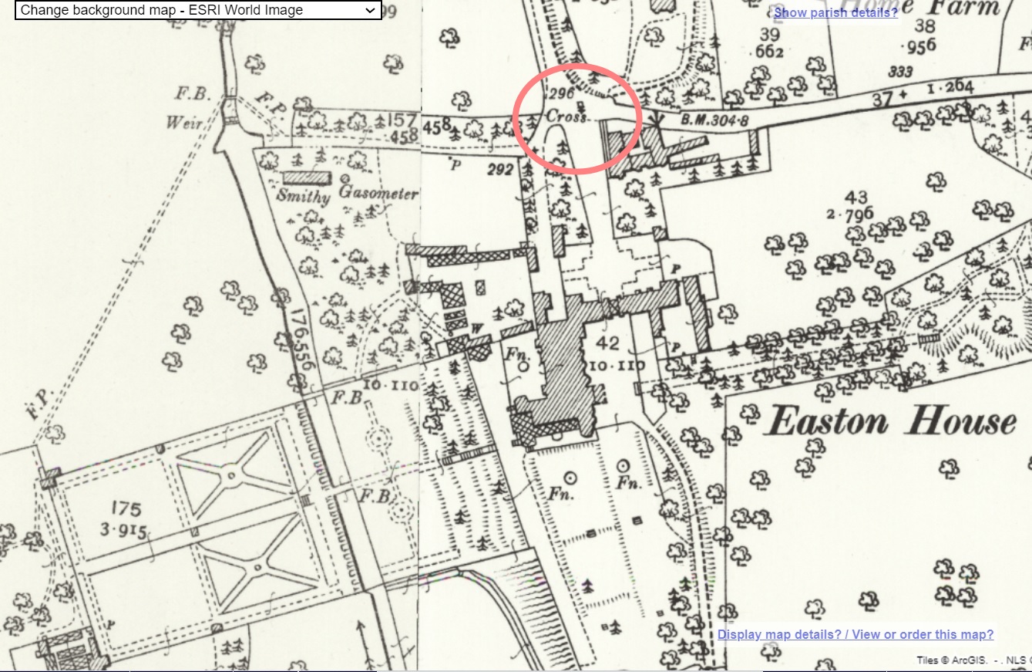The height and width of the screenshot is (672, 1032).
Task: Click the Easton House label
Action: point(892,422)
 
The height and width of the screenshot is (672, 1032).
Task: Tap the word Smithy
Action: point(303,195)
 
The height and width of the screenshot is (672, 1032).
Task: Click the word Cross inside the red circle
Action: point(566,117)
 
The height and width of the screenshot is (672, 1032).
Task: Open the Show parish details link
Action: point(835,12)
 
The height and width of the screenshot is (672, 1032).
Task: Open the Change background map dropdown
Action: point(198,10)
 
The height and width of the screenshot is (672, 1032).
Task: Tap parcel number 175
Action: point(126,509)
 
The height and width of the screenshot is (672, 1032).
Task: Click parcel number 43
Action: point(856,198)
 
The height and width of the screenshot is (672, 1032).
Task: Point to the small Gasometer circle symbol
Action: point(345,177)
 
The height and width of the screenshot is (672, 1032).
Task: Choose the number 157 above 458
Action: point(401,121)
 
